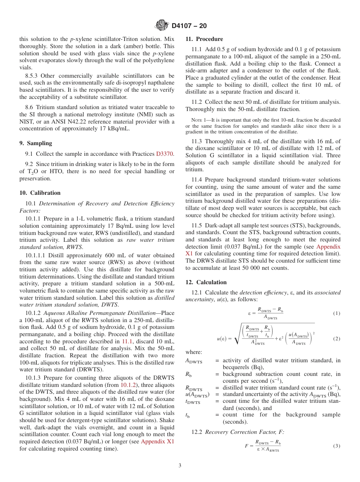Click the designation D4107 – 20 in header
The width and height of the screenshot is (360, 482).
189,26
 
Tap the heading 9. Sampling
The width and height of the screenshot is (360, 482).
36,143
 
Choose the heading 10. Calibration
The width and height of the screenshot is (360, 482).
40,193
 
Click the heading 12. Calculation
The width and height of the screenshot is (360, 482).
206,282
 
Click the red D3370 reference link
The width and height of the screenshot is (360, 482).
164,154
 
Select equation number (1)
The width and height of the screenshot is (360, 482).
337,313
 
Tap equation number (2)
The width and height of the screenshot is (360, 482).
337,338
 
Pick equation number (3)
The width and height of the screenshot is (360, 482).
337,446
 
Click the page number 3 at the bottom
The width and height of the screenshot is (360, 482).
180,465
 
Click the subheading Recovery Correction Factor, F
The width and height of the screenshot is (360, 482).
244,432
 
